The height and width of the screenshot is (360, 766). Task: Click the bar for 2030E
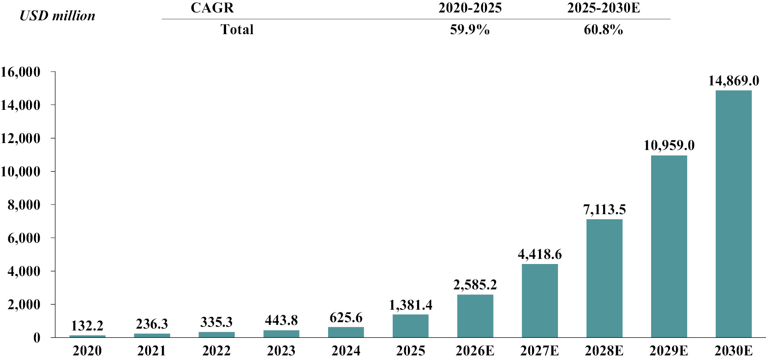click(734, 214)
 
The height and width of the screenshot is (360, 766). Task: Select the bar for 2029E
click(669, 246)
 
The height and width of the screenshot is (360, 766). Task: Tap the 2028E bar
click(604, 278)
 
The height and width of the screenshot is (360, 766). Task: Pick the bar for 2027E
click(539, 301)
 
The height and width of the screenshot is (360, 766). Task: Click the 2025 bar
click(410, 326)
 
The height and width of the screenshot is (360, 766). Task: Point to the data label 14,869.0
click(734, 81)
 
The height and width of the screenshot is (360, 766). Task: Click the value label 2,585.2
click(475, 285)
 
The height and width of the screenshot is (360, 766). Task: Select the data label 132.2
click(87, 325)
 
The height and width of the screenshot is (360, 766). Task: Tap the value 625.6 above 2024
click(346, 318)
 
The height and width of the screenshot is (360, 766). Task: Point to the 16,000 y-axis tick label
click(20, 72)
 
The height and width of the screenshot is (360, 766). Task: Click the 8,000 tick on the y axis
click(24, 205)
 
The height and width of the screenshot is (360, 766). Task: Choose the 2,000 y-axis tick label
click(24, 305)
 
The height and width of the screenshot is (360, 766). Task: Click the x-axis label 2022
click(216, 351)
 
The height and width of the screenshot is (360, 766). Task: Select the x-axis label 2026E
click(475, 351)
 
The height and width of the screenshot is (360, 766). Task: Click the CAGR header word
click(212, 7)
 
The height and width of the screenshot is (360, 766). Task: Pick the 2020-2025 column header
click(470, 7)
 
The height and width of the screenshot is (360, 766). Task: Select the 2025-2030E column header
click(604, 7)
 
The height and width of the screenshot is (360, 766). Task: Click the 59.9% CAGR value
click(470, 30)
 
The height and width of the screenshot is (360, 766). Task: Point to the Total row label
click(237, 30)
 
